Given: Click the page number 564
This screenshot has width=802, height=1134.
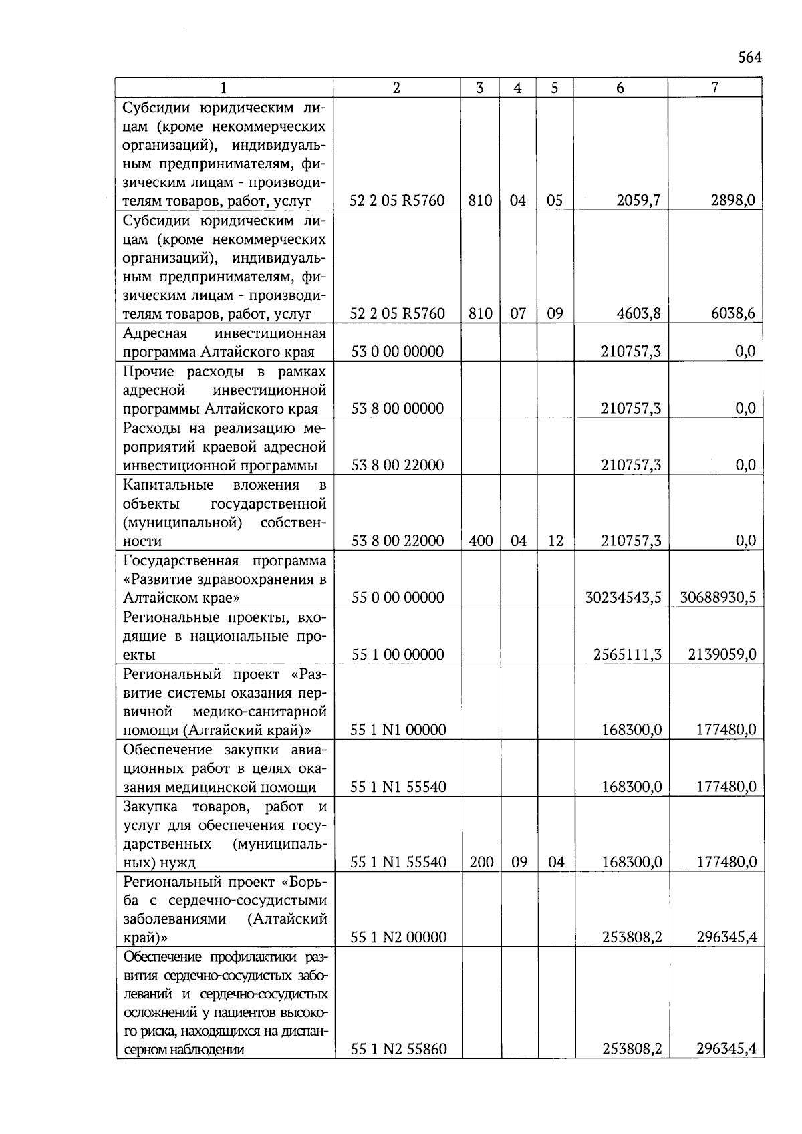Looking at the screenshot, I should click(x=749, y=57).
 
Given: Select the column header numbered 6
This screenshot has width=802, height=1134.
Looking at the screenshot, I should click(x=620, y=88).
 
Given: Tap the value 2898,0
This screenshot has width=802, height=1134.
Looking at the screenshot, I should click(x=732, y=200).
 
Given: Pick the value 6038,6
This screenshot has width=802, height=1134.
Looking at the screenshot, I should click(x=732, y=313).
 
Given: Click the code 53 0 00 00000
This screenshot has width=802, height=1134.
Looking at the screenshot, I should click(x=397, y=351).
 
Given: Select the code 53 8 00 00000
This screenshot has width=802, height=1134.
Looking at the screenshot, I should click(x=397, y=408).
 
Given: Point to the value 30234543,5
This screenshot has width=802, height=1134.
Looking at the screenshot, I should click(x=623, y=597).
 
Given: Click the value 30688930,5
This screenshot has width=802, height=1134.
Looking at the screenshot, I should click(x=717, y=597).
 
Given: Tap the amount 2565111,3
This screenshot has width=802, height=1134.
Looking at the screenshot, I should click(x=627, y=654).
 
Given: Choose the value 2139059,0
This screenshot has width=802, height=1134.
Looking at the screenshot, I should click(x=722, y=654).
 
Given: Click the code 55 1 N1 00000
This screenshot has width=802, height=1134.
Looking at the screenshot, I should click(x=398, y=730).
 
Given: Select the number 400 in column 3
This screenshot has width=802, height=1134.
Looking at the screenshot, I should click(x=481, y=541).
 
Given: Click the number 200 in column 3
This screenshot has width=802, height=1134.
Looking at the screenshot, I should click(x=481, y=862).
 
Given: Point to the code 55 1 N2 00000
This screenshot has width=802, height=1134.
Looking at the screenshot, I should click(x=398, y=938).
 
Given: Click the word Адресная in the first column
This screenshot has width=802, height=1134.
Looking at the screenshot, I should click(x=155, y=333).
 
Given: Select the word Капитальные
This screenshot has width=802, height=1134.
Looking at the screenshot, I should click(x=168, y=484).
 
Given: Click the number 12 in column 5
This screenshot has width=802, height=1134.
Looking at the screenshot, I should click(x=555, y=541).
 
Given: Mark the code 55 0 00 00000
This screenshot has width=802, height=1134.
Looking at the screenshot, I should click(x=397, y=597).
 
